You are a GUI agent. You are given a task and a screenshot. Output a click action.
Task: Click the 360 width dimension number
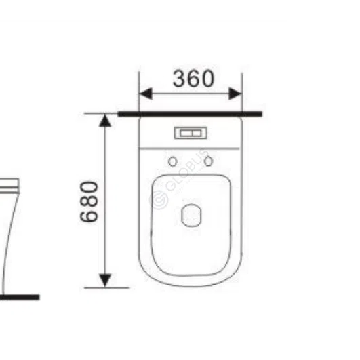pyautogui.click(x=193, y=79)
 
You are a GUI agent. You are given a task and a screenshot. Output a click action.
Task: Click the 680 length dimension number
pyautogui.click(x=89, y=202)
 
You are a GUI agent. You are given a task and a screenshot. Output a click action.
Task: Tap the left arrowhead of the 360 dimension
pyautogui.click(x=146, y=94)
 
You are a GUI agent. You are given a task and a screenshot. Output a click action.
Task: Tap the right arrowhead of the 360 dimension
pyautogui.click(x=235, y=94)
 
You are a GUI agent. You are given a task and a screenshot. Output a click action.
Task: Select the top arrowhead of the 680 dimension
pyautogui.click(x=105, y=121)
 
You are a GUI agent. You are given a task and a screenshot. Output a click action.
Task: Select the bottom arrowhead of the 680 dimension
pyautogui.click(x=105, y=280)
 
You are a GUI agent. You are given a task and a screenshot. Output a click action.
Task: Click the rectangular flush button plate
pyautogui.click(x=191, y=133)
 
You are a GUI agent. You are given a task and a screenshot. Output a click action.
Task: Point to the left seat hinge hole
pyautogui.click(x=173, y=161)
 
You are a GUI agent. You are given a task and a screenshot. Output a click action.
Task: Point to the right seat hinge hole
pyautogui.click(x=208, y=161)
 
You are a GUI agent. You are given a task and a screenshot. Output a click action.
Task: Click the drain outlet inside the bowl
pyautogui.click(x=191, y=216)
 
